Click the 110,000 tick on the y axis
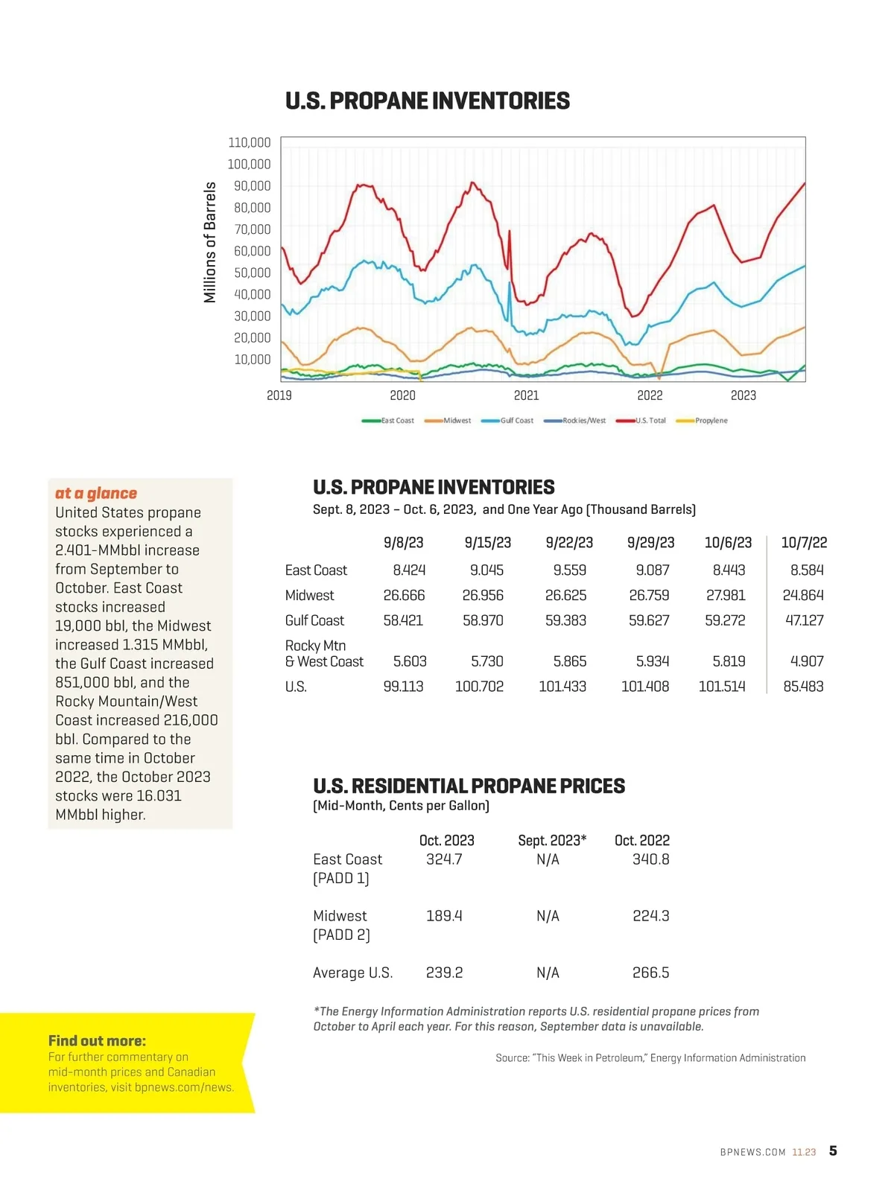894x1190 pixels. pos(249,142)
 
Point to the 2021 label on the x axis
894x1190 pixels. pos(526,395)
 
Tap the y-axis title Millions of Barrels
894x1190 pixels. pos(210,242)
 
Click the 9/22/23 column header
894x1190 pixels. pos(569,543)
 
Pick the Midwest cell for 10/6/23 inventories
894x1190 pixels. pos(725,596)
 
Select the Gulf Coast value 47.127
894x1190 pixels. pos(804,620)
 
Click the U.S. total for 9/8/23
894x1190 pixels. pos(403,687)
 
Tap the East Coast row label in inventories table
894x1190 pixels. pos(316,570)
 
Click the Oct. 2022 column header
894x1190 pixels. pos(641,841)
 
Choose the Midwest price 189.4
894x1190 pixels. pos(444,916)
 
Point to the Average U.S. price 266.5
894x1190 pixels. pos(650,973)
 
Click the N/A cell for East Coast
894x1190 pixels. pos(548,859)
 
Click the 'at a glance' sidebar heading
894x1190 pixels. pos(96,493)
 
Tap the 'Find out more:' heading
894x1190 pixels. pos(97,1041)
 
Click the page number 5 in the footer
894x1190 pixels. pos(833,1151)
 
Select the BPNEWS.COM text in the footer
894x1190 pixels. pos(752,1152)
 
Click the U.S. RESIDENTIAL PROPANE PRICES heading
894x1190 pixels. pos(469,786)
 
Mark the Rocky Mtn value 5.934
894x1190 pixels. pos(652,661)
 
